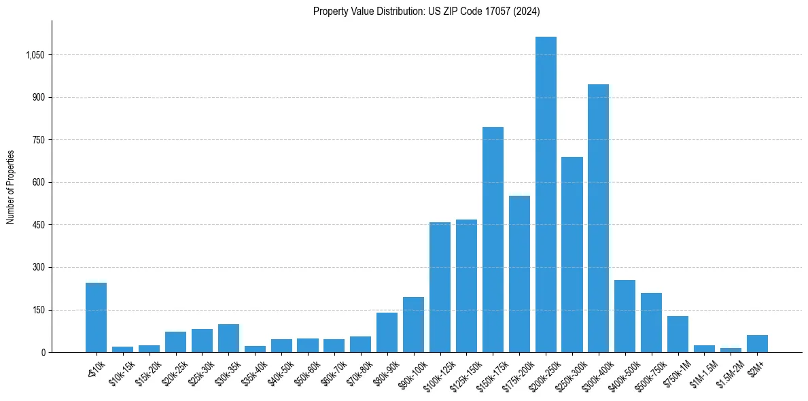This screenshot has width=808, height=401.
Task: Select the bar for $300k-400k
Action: point(599,218)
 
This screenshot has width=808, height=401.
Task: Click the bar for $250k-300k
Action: point(572,254)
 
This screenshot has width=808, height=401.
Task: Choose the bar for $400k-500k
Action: point(625,316)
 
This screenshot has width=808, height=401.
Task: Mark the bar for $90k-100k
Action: point(413,324)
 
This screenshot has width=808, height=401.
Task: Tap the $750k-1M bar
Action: point(678,334)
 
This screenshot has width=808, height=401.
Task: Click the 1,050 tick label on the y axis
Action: point(35,55)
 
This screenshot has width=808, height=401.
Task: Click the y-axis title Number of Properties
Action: point(11,187)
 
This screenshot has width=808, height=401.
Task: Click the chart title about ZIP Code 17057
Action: point(427,11)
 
